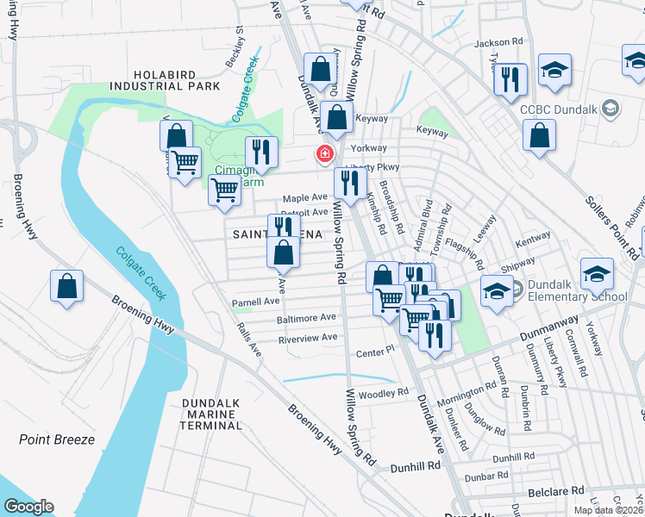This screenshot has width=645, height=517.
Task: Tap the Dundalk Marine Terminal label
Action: (x=211, y=414)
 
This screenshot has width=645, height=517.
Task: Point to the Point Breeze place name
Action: (x=57, y=439)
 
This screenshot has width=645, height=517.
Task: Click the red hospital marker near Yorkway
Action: (x=325, y=154)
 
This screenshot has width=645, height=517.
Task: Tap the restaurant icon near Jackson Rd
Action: (x=510, y=79)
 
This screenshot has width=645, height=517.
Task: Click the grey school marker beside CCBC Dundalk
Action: (x=611, y=108)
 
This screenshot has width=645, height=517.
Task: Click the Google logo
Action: (x=28, y=506)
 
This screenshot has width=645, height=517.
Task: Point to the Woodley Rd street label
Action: (x=384, y=392)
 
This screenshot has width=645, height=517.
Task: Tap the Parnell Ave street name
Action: (x=256, y=302)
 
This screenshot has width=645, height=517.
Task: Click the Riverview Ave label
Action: (x=308, y=338)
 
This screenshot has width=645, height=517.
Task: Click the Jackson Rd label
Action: (x=498, y=41)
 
